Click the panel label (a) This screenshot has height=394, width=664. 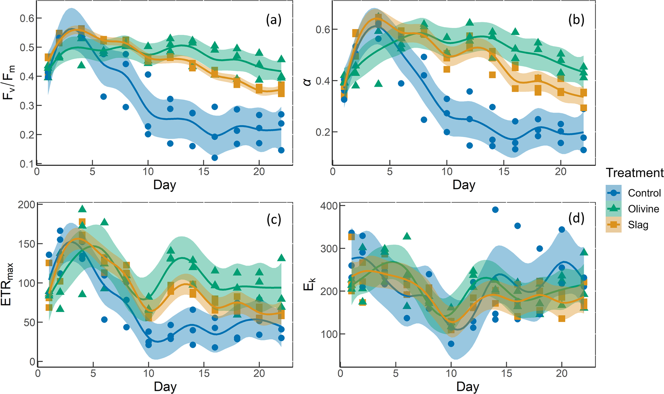click(274, 20)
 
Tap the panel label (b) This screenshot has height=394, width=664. click(576, 20)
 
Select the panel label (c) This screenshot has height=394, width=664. click(274, 219)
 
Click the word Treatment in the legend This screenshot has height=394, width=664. click(634, 173)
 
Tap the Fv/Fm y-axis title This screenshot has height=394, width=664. click(9, 82)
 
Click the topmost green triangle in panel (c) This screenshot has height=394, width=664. click(82, 209)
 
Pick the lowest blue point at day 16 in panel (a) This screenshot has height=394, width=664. click(215, 158)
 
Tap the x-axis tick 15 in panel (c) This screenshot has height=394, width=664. click(204, 373)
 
